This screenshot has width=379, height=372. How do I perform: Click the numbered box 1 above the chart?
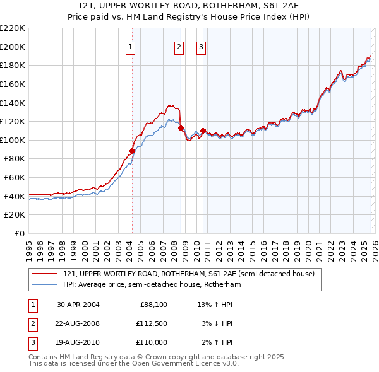pos(130,47)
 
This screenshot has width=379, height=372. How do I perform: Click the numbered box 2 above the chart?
pos(179,47)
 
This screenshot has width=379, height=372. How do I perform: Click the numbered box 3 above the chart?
pos(201,47)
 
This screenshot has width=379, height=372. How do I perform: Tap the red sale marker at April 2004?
pos(132,151)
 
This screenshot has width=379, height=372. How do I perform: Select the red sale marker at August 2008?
pos(181,128)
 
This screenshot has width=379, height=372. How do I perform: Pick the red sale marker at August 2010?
pos(203,131)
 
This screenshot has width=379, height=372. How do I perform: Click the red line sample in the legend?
pos(44,274)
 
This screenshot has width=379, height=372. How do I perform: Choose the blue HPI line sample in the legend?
pos(44,285)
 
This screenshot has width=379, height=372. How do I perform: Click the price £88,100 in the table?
pos(152,305)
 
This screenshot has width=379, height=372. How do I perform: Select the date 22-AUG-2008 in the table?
pos(78,323)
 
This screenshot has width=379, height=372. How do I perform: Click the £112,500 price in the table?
pos(152,323)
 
